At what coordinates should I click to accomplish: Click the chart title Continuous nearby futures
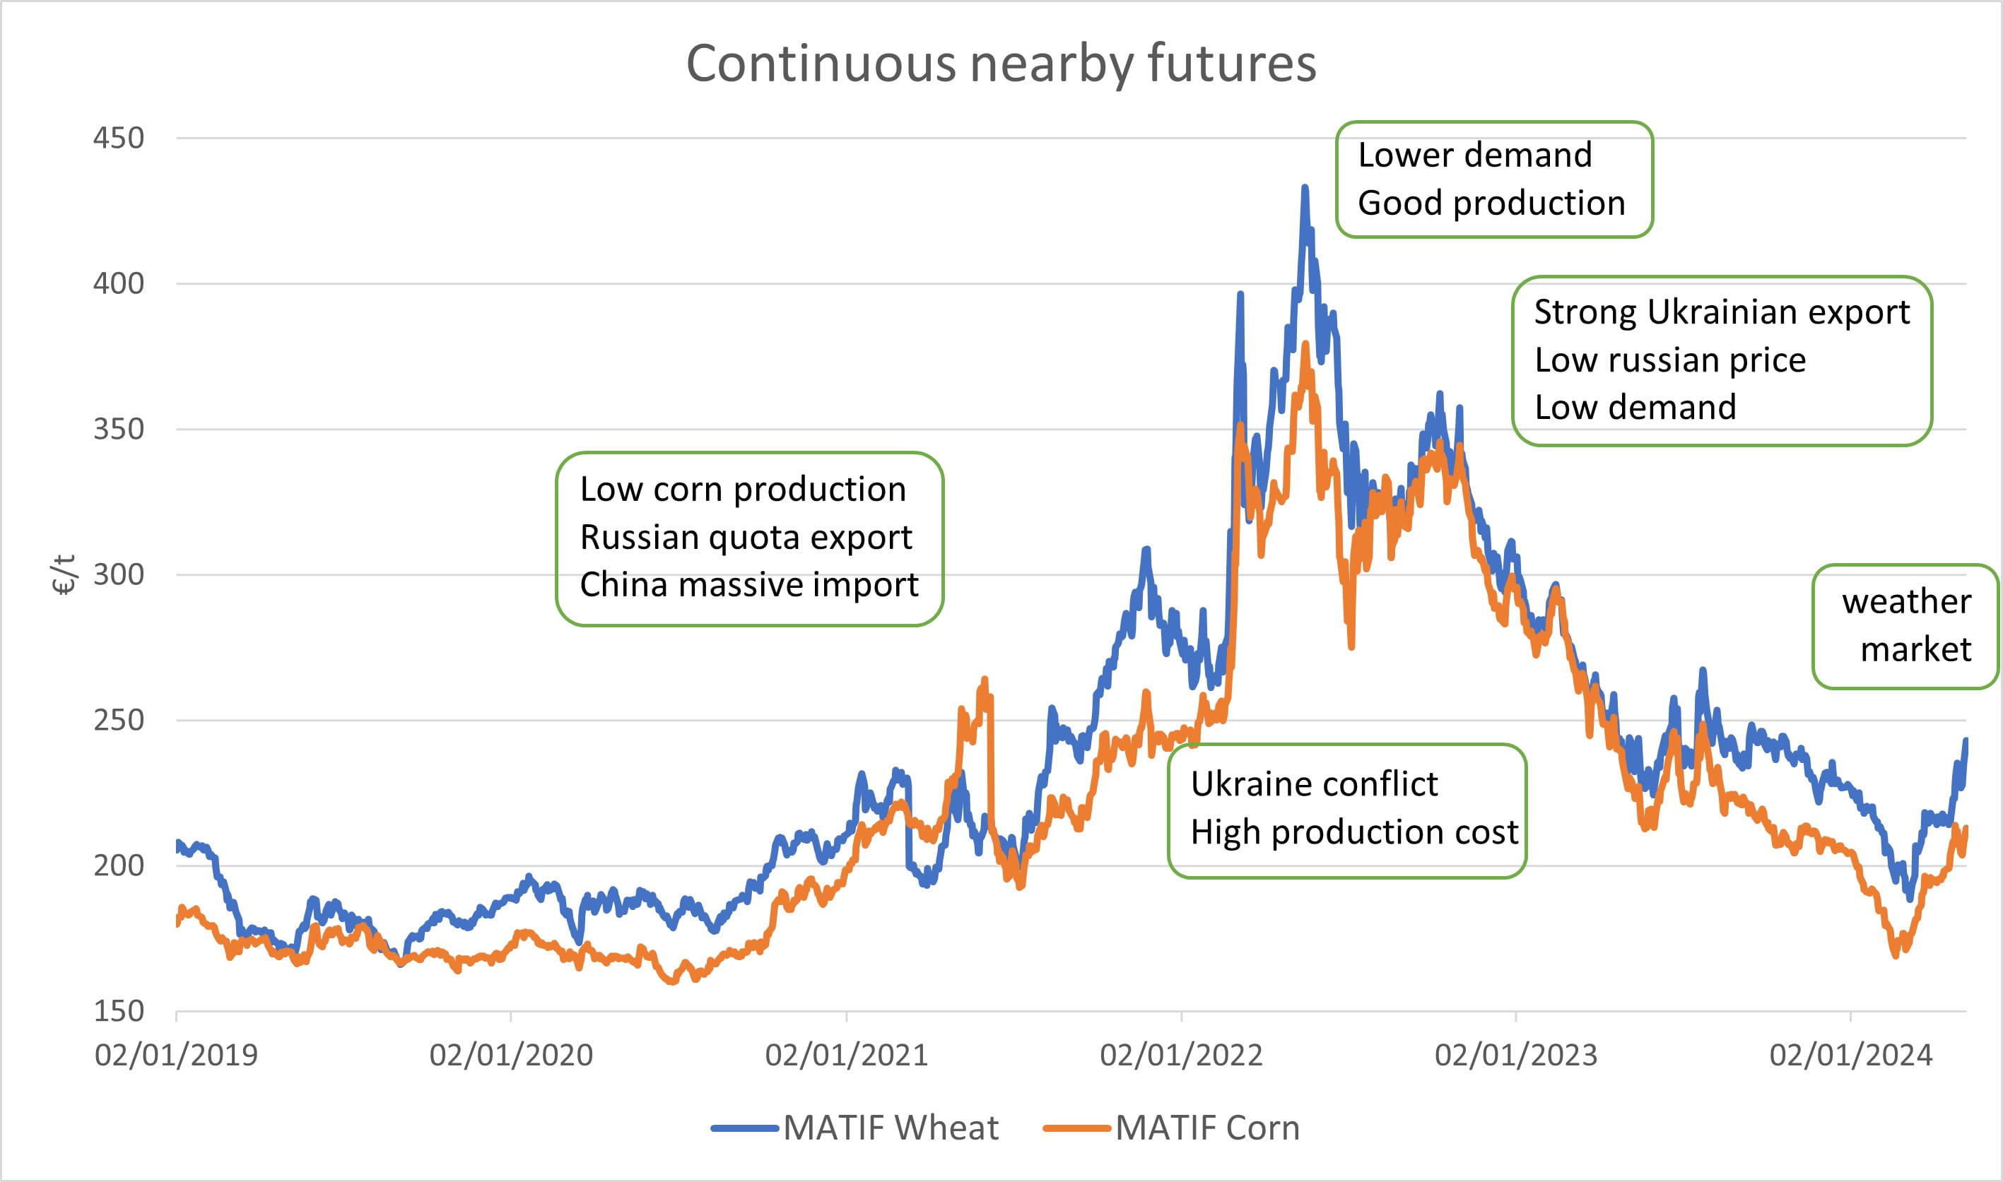(x=1001, y=64)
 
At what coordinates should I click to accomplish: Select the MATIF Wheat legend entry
(x=889, y=1128)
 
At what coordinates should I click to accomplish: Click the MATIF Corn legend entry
(x=1206, y=1128)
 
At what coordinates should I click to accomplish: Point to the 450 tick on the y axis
(x=119, y=138)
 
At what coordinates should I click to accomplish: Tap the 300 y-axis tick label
(x=119, y=574)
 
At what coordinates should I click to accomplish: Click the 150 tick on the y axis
(x=119, y=1011)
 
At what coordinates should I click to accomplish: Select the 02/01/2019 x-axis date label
(x=176, y=1056)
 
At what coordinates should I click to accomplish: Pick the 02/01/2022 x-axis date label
(x=1181, y=1056)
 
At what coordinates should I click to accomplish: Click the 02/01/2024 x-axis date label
(x=1850, y=1056)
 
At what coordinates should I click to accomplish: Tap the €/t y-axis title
(x=64, y=574)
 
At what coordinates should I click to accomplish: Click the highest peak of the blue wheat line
(x=1305, y=188)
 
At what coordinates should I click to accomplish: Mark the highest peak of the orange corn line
(x=1305, y=344)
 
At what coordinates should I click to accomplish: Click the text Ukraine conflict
(x=1314, y=784)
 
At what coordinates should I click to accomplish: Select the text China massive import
(x=749, y=584)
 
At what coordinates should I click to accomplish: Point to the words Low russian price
(x=1670, y=360)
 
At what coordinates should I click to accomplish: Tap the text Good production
(x=1491, y=203)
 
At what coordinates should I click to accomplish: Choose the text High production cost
(x=1353, y=832)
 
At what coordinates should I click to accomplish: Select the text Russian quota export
(x=746, y=537)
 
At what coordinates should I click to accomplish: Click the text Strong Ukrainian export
(x=1721, y=312)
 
